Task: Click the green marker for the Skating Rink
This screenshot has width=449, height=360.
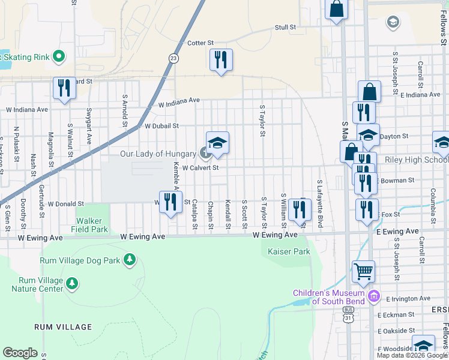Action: [x=59, y=57]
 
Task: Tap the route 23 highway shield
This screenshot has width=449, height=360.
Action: [x=173, y=58]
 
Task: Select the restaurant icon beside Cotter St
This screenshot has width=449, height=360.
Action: [x=221, y=60]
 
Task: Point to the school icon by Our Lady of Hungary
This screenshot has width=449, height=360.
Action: [x=217, y=143]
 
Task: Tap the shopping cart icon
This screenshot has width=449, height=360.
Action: [x=363, y=272]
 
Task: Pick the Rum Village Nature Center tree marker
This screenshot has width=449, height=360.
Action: [x=72, y=283]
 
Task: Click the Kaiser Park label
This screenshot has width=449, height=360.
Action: [x=289, y=251]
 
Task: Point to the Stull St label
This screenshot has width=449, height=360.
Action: [x=286, y=28]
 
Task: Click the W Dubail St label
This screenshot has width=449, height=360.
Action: [x=161, y=126]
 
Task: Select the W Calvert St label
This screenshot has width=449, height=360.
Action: [x=200, y=168]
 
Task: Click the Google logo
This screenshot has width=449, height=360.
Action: [x=20, y=353]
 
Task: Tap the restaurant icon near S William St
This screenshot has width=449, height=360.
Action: [x=297, y=209]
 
